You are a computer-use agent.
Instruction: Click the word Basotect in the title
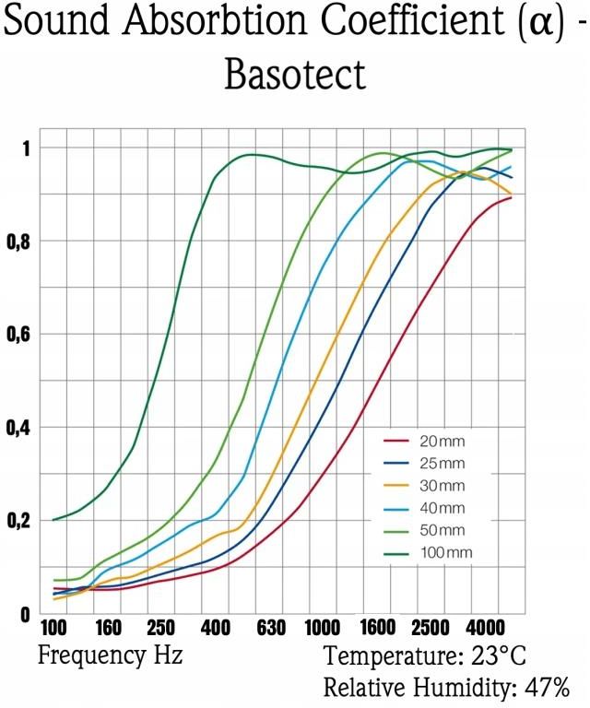point(295,75)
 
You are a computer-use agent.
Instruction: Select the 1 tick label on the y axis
point(27,148)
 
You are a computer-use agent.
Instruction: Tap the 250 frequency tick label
point(160,630)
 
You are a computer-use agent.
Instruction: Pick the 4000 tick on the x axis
point(485,630)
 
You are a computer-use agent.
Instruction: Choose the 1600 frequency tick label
point(378,630)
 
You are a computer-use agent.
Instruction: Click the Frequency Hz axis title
point(110,657)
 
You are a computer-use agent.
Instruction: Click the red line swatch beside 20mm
point(396,441)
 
